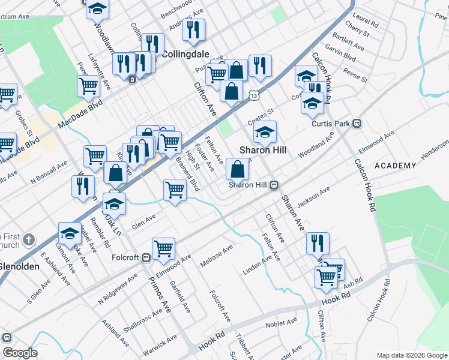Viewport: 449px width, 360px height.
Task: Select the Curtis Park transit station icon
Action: [357, 124]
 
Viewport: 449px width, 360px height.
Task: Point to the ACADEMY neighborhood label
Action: [395, 166]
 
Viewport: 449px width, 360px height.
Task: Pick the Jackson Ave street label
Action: [313, 198]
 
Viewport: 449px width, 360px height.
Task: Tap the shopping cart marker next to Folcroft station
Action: [163, 249]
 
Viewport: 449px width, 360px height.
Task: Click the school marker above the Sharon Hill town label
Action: [265, 132]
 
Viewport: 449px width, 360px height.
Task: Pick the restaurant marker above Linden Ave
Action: [318, 243]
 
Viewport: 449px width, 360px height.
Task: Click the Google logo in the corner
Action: [20, 353]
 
